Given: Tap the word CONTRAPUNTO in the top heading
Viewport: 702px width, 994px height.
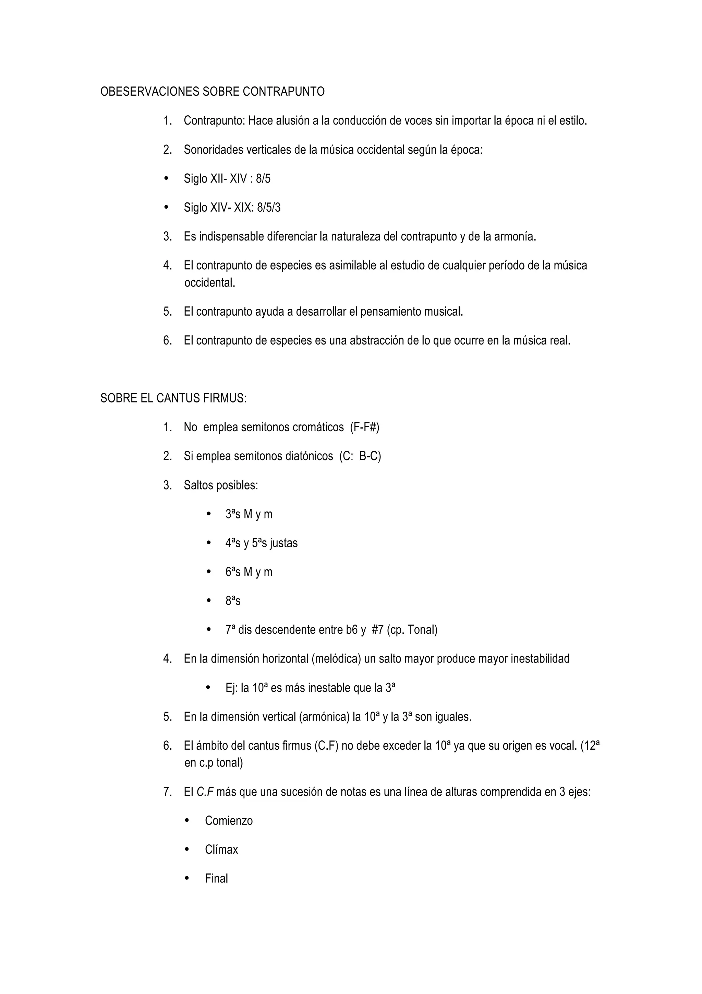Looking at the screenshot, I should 284,92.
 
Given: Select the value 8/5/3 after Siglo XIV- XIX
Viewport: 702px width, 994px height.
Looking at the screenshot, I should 269,208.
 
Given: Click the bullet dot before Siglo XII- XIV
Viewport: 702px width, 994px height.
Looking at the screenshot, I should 167,178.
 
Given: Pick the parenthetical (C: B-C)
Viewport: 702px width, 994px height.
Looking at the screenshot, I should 360,456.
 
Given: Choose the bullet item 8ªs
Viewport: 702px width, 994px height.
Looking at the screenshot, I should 233,601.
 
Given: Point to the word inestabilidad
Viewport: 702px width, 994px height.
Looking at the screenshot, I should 540,659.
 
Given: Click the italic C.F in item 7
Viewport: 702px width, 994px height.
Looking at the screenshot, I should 205,792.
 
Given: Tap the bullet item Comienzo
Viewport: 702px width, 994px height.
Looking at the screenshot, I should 229,821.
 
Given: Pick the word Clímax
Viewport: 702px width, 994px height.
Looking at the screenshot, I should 221,850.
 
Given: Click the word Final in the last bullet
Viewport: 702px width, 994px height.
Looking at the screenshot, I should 216,879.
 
